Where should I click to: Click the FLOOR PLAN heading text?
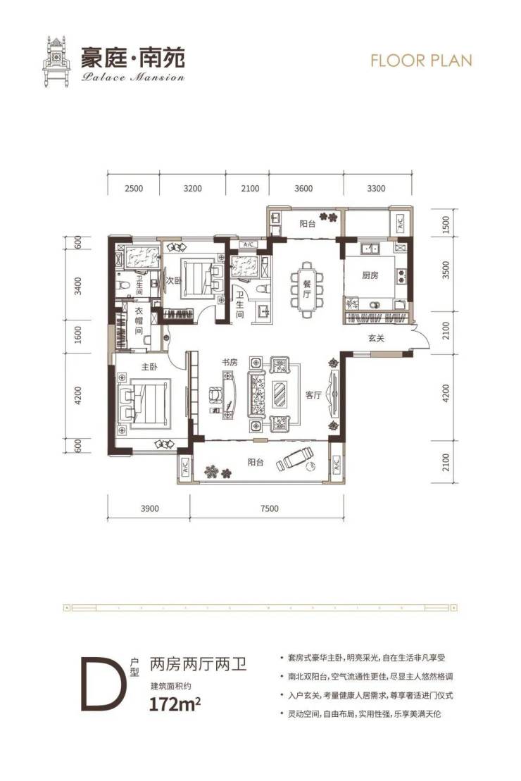tap(421, 61)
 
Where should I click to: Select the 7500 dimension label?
tap(269, 508)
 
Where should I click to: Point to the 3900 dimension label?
tap(149, 508)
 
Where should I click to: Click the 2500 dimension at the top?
tap(134, 188)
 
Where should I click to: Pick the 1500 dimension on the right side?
tap(446, 225)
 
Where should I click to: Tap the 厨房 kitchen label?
tap(370, 275)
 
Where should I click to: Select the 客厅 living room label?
tap(313, 395)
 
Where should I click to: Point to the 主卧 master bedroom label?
tap(149, 367)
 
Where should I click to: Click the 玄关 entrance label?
tap(376, 338)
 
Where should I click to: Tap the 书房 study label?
tap(230, 362)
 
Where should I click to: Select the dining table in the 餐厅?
tap(308, 289)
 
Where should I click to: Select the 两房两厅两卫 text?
tap(199, 664)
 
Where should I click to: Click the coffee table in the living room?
tap(279, 395)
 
